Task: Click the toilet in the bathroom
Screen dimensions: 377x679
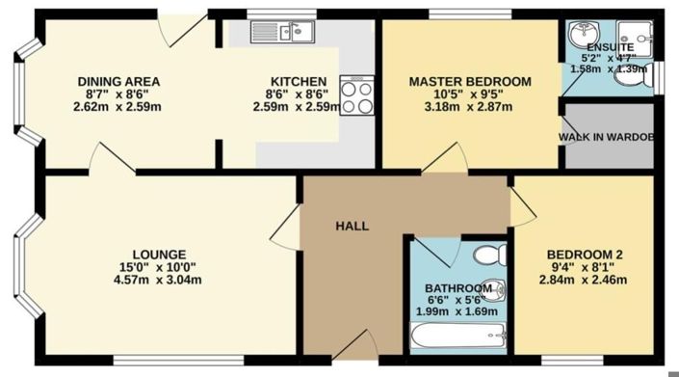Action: (x=492, y=255)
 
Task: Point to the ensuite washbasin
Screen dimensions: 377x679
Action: (x=581, y=37)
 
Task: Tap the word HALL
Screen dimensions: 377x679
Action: (x=352, y=226)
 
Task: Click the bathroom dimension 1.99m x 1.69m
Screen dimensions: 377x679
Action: (x=457, y=311)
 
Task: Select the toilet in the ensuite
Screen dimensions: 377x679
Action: (x=647, y=75)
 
